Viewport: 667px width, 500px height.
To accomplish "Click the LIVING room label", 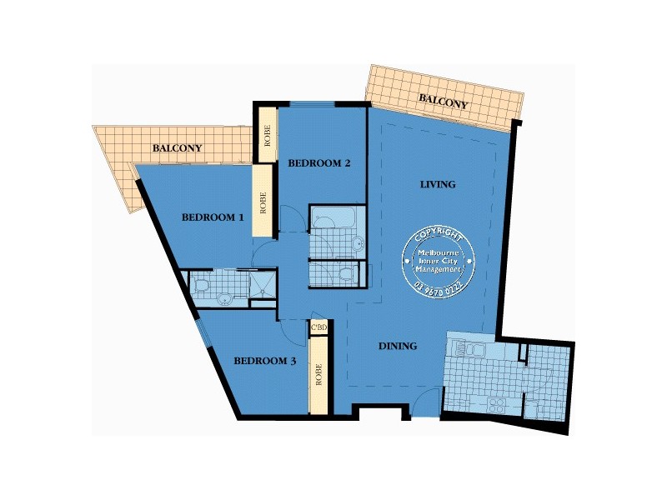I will click(x=438, y=184).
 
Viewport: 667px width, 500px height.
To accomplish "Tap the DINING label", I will click(x=398, y=346).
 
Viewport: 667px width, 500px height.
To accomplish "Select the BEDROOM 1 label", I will click(x=213, y=217).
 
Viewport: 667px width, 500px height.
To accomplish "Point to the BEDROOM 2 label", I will click(x=318, y=163).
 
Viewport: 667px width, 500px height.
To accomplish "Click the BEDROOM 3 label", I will click(x=264, y=361).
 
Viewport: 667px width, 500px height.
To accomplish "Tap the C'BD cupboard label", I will click(x=318, y=328).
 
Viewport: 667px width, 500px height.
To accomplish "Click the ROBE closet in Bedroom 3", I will click(x=318, y=376).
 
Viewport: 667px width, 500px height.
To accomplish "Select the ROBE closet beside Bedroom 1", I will click(x=263, y=203).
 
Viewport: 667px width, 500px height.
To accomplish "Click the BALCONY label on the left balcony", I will click(x=177, y=148).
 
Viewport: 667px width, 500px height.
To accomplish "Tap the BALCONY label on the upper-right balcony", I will click(x=443, y=102).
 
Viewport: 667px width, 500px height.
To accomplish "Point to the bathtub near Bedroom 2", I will click(x=333, y=220).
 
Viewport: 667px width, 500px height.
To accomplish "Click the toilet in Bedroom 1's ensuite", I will click(x=201, y=285).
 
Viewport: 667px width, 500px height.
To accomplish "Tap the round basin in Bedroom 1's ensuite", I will click(x=223, y=299).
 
